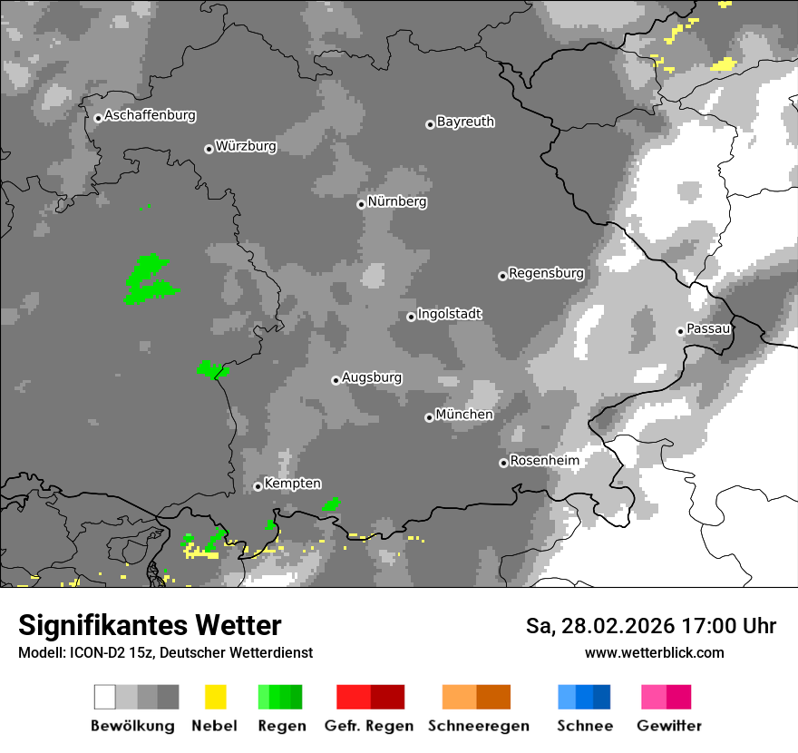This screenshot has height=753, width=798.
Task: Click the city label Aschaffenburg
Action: pos(150,115)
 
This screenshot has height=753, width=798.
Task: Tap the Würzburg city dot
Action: pos(209,149)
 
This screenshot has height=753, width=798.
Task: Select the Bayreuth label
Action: pos(465,122)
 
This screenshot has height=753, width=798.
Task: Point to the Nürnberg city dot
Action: pos(361,204)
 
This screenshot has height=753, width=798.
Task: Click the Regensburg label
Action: pos(546,273)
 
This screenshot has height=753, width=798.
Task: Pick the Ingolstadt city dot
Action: pos(411,317)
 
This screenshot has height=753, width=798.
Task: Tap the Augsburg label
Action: pos(372,377)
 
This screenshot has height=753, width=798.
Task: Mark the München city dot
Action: pos(429,417)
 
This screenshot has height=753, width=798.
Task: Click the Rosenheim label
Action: pos(544,461)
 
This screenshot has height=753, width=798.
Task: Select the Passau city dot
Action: pos(680,331)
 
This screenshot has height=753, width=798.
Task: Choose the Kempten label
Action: pos(292,484)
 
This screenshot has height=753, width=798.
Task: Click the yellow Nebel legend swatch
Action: pos(215,697)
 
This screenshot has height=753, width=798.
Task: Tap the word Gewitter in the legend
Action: pos(669,726)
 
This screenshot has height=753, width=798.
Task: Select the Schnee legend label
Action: pos(585,726)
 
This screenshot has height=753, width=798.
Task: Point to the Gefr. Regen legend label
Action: pos(369,726)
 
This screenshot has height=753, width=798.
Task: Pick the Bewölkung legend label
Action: pos(132,726)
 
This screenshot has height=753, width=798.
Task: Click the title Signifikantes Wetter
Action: pos(150,626)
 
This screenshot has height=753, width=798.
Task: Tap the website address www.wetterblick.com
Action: pos(655,652)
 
